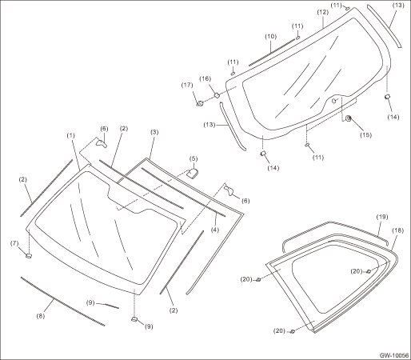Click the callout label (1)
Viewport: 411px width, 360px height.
(x=70, y=135)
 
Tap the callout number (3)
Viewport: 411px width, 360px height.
(x=154, y=132)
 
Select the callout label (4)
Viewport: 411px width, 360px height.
(x=215, y=230)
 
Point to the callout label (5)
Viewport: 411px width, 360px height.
(x=194, y=158)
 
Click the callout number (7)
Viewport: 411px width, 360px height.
(x=14, y=243)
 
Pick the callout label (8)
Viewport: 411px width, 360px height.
(x=41, y=316)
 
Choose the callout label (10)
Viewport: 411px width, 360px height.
(x=270, y=36)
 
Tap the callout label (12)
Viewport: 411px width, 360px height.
(x=323, y=12)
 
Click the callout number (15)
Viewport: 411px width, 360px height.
(x=365, y=135)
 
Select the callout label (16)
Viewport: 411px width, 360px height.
(x=205, y=78)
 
